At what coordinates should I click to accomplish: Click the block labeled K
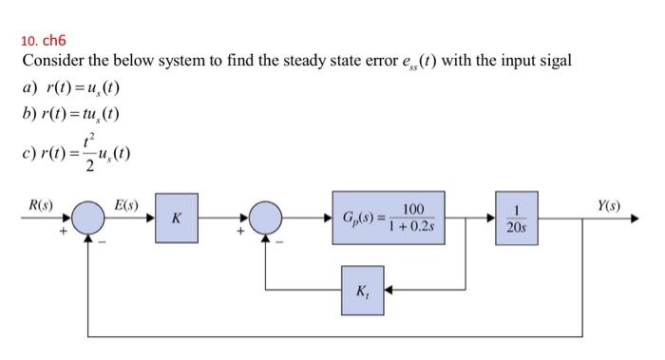(x=176, y=218)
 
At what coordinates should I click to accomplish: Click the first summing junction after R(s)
(x=92, y=218)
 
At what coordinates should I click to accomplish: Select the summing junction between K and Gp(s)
(x=267, y=218)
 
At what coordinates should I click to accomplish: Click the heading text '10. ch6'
(x=42, y=40)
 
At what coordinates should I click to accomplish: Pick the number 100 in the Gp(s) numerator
(x=412, y=207)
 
